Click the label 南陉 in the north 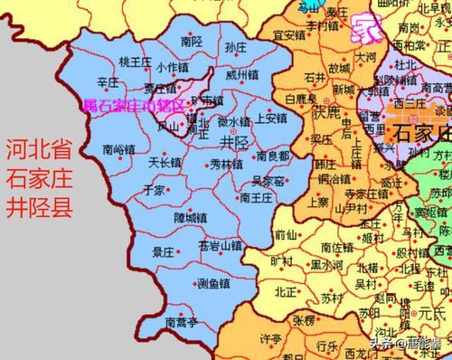pyautogui.click(x=191, y=42)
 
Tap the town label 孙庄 pyautogui.click(x=235, y=48)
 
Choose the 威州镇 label pyautogui.click(x=242, y=74)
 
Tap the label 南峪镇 pyautogui.click(x=120, y=149)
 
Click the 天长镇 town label pyautogui.click(x=140, y=162)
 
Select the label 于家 pyautogui.click(x=154, y=191)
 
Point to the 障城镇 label pyautogui.click(x=191, y=217)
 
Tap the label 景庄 pyautogui.click(x=163, y=252)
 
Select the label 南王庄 pyautogui.click(x=258, y=196)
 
